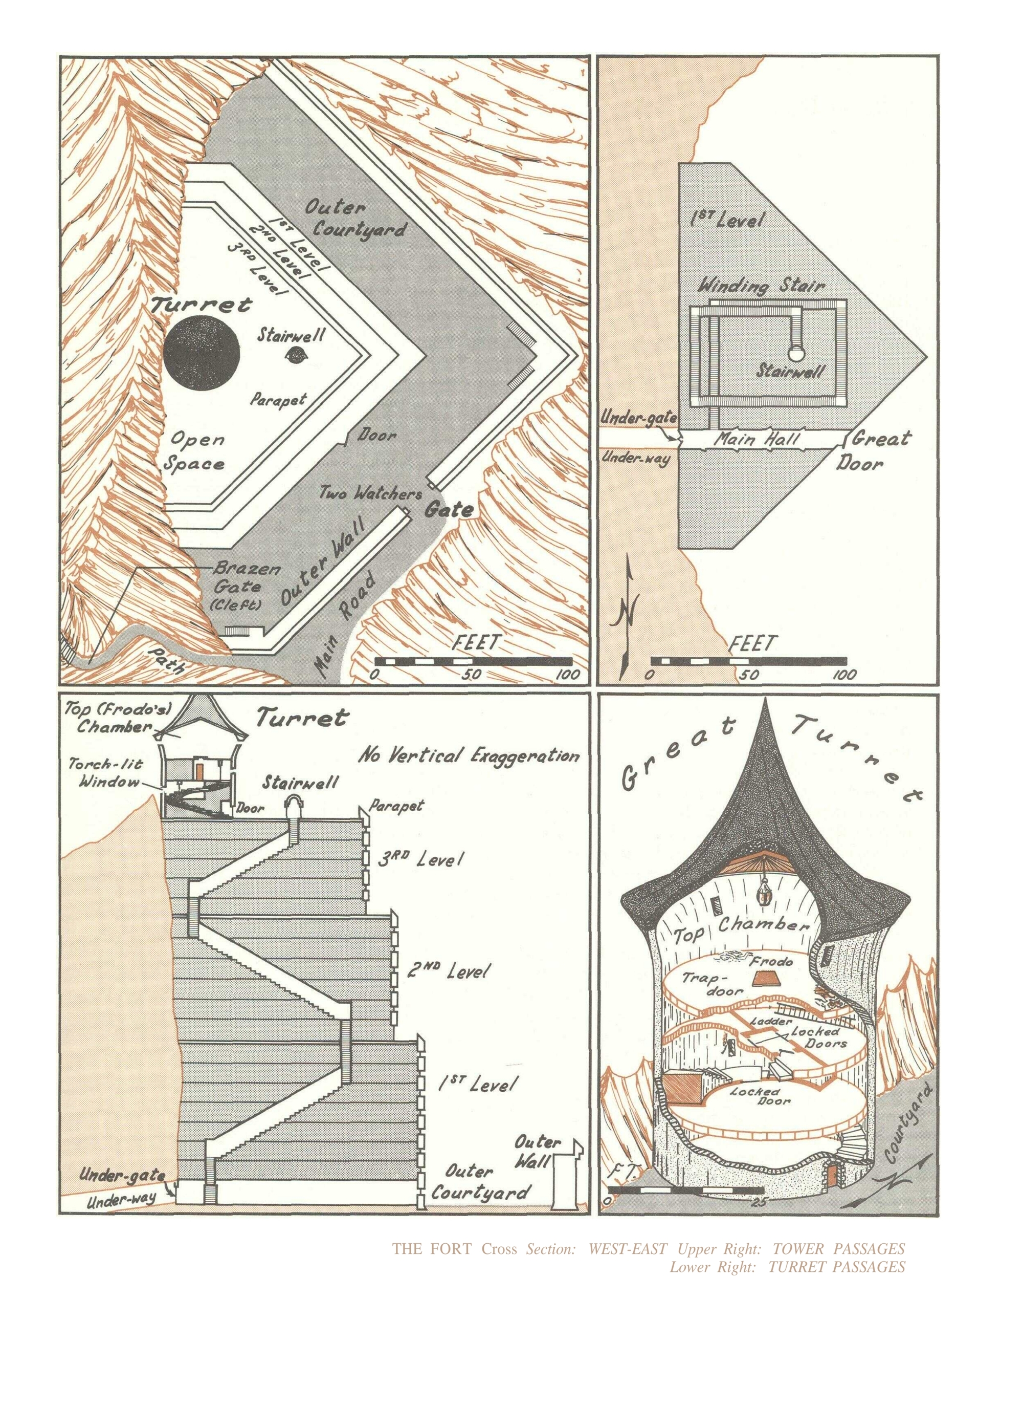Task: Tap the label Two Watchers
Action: point(370,493)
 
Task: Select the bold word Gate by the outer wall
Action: point(449,510)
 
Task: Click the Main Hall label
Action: point(758,440)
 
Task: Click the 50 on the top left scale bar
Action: point(473,675)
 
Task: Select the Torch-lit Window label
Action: point(102,772)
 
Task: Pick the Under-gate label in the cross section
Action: point(122,1174)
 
